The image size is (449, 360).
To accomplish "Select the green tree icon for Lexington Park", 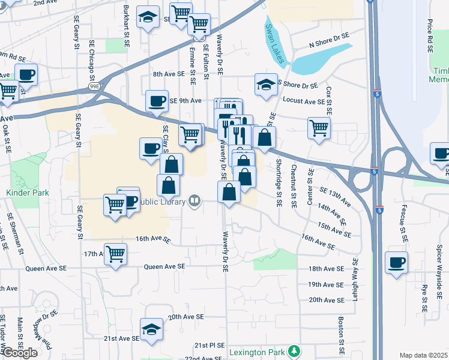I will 294,350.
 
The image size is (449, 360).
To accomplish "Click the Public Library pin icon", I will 194,202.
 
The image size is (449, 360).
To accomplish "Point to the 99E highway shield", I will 94,88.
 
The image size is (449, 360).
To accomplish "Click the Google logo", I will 19,353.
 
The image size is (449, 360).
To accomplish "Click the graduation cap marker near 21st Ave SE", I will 151,329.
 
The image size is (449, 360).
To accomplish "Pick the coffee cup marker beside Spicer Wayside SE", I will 396,262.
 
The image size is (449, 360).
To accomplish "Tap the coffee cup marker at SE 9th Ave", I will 157,101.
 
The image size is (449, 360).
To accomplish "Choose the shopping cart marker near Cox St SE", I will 319,127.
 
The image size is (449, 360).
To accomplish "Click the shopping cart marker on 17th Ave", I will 115,253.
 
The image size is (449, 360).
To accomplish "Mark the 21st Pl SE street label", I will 209,346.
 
